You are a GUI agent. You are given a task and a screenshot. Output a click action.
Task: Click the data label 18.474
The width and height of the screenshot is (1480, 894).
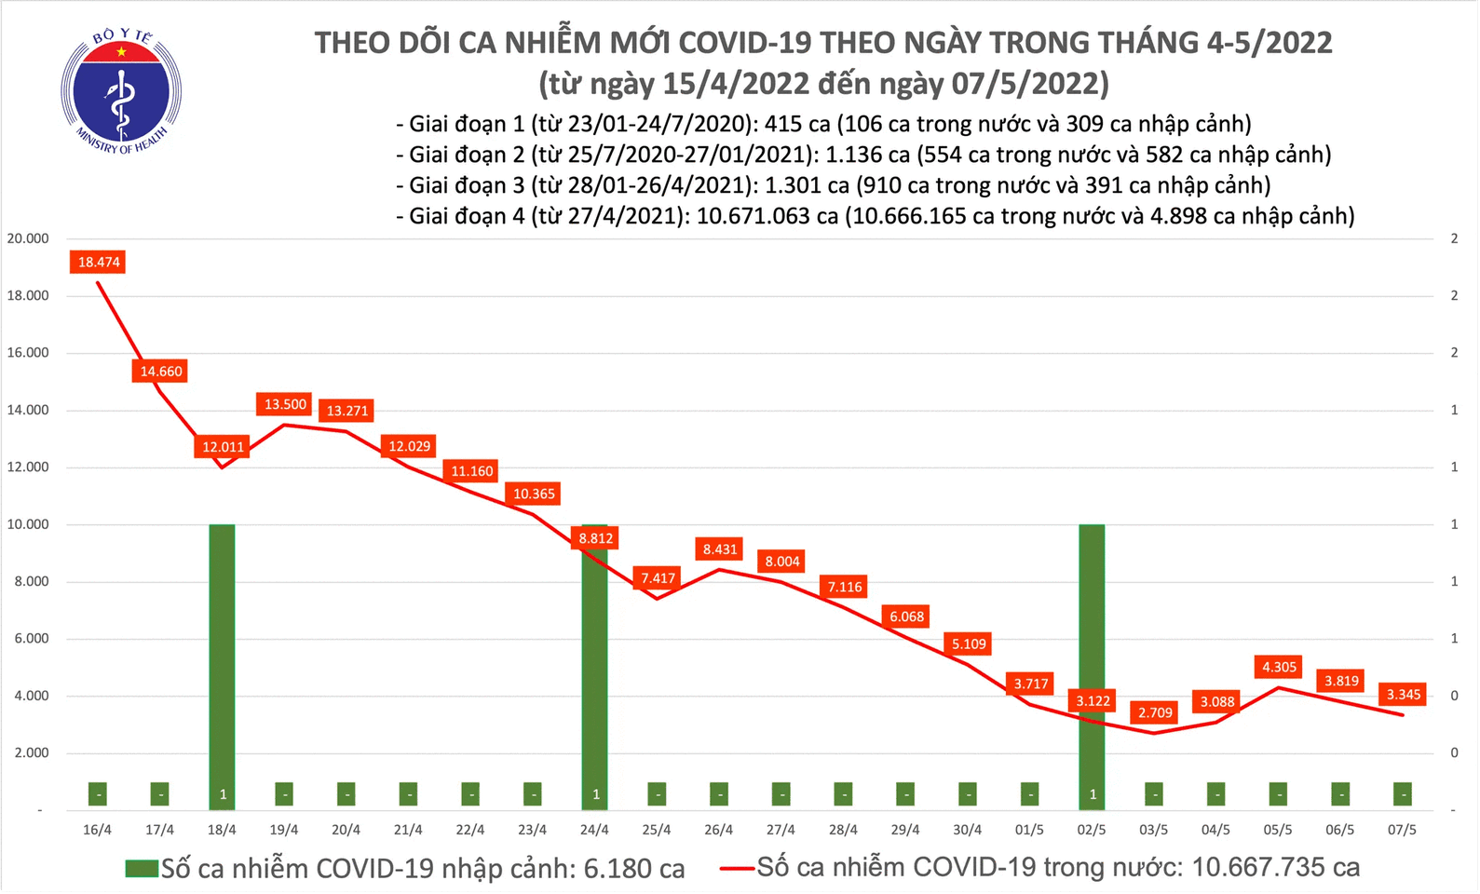(x=99, y=263)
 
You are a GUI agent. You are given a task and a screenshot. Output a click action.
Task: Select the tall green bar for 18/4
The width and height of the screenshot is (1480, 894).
(x=222, y=652)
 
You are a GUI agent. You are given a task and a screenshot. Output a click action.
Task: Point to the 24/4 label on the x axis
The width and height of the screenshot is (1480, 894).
(x=594, y=830)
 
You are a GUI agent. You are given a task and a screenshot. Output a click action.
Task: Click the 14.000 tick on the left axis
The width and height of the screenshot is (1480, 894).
(x=28, y=410)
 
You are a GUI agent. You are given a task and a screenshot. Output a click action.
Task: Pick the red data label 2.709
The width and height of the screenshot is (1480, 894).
(x=1155, y=713)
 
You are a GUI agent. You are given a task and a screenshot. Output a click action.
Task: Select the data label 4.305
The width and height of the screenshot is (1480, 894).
(x=1279, y=667)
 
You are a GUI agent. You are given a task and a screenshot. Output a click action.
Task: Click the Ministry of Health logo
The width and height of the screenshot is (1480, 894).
(x=121, y=91)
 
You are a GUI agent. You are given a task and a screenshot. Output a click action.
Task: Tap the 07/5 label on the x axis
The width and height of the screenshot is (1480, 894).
(x=1402, y=830)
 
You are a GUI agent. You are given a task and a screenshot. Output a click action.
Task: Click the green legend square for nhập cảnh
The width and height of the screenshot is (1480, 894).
(x=142, y=869)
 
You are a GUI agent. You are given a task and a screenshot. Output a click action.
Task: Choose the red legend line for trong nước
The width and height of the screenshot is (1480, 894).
(x=736, y=869)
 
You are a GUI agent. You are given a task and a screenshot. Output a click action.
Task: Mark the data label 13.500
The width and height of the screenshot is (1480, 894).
(x=285, y=404)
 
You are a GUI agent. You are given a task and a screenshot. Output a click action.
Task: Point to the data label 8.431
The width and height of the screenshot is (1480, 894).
(x=720, y=549)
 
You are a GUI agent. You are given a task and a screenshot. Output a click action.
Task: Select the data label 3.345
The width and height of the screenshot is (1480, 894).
(x=1404, y=695)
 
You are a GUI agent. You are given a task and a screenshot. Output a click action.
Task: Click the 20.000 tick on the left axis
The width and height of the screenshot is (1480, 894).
(x=28, y=238)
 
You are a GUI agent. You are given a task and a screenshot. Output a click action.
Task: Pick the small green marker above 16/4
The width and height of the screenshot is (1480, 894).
(x=98, y=794)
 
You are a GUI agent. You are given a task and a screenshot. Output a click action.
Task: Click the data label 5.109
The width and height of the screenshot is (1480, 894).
(x=969, y=643)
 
